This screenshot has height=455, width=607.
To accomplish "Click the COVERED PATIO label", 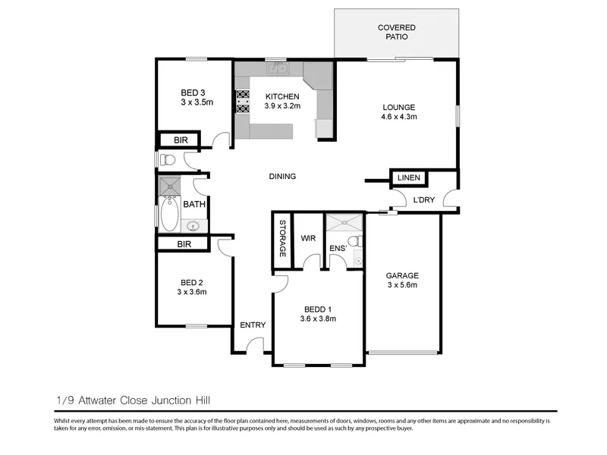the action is point(396,32).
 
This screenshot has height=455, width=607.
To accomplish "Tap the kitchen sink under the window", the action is point(278,68).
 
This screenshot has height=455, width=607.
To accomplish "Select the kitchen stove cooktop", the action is point(243,102).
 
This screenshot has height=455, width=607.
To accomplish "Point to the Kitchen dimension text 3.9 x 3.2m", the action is point(282,106).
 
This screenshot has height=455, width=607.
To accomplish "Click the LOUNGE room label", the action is point(399,107).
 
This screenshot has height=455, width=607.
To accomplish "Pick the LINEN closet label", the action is point(408,177).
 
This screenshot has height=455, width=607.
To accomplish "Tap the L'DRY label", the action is point(424,200).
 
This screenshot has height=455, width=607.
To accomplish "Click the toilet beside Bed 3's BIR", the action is point(168,159).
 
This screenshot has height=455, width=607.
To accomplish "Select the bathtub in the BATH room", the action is point(169,214).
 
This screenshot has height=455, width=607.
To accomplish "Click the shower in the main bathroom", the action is point(170,186).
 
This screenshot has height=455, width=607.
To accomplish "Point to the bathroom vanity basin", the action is point(193,225).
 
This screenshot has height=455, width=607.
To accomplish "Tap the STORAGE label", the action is point(282,238).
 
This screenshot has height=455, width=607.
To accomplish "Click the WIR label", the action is point(308,238).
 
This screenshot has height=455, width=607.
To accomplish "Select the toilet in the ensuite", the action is point(355,240).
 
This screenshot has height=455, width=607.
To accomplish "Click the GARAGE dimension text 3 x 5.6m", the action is point(402,285).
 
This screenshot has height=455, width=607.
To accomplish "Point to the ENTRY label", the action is point(253,325).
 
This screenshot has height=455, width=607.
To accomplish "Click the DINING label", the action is point(282,177).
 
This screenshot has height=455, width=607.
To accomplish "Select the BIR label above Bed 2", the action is point(184,244).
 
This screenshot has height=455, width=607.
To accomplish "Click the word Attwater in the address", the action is point(98,400).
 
